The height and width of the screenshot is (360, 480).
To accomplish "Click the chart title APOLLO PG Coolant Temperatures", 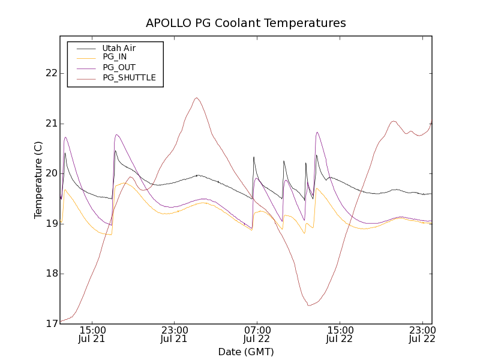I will (246, 23).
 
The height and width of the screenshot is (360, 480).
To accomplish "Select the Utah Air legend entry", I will (119, 48).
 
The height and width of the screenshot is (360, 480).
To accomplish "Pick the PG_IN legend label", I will (115, 57).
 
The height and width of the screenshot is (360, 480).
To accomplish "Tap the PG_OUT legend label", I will (119, 67).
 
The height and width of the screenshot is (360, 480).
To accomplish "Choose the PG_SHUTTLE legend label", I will (129, 77).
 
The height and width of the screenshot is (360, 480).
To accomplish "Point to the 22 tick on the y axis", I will (51, 73).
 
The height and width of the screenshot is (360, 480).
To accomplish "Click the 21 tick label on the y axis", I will (51, 124).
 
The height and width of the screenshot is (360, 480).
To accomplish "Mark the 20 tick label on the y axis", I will (51, 173).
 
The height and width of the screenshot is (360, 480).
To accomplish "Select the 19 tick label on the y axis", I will (51, 224).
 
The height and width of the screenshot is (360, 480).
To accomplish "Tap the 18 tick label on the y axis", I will (51, 274).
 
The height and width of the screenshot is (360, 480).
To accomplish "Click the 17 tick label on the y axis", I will (51, 324).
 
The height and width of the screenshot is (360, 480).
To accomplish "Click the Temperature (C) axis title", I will (38, 179).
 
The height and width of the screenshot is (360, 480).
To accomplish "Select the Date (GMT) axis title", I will (246, 352).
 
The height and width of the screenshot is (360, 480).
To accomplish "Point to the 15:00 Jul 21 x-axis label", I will (92, 334).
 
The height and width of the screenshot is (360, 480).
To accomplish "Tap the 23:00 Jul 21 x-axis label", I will (175, 334).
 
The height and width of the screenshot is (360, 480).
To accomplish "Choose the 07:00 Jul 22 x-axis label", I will (257, 334).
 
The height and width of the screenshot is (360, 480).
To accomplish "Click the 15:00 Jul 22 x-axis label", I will (340, 334).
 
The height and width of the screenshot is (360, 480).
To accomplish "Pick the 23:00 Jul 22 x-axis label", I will (422, 334).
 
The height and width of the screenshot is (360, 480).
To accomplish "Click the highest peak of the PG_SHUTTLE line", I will (196, 98).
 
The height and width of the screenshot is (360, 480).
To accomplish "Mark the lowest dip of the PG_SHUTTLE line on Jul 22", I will (309, 305).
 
